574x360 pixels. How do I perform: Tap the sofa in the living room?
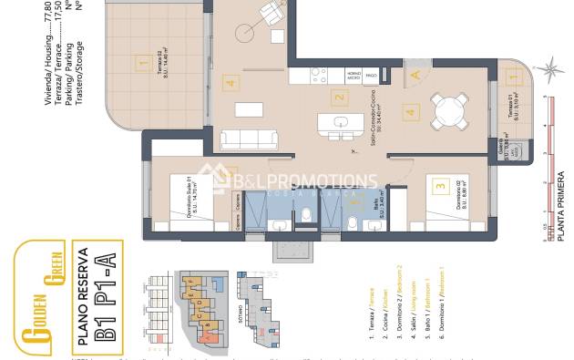coord(248,139)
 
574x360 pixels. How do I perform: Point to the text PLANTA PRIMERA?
coord(561,195)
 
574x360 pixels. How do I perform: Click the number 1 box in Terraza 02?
coord(141,63)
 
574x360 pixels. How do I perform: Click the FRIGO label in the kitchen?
coord(372,76)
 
